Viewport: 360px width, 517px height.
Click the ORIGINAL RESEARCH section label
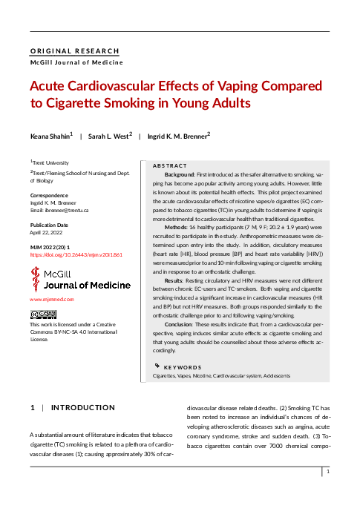[x=74, y=51]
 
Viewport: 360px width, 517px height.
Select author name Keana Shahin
[x=50, y=136]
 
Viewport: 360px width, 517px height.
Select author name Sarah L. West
[x=108, y=136]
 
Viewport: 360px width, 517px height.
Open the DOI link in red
[x=76, y=254]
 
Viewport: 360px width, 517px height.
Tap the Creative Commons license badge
[x=43, y=315]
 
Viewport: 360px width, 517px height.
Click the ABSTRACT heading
[x=170, y=165]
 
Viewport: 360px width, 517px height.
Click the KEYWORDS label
[x=183, y=367]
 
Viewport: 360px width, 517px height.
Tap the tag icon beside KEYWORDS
[x=157, y=366]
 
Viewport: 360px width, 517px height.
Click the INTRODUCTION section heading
[x=82, y=407]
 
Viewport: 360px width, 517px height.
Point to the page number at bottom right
[x=327, y=472]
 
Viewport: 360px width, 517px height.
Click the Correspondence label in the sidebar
[x=48, y=196]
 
